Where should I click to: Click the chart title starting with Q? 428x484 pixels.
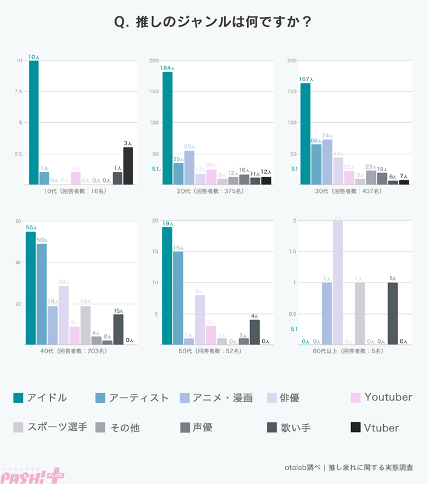point(214,22)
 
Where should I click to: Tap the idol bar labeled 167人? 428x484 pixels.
point(305,133)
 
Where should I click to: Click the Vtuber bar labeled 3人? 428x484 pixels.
point(128,166)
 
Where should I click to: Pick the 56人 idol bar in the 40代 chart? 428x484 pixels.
point(30,288)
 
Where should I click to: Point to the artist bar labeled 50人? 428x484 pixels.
point(41,294)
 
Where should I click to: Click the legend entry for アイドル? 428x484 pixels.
point(40,397)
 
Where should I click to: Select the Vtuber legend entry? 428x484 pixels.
point(375,428)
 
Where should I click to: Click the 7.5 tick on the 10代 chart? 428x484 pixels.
point(19,91)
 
